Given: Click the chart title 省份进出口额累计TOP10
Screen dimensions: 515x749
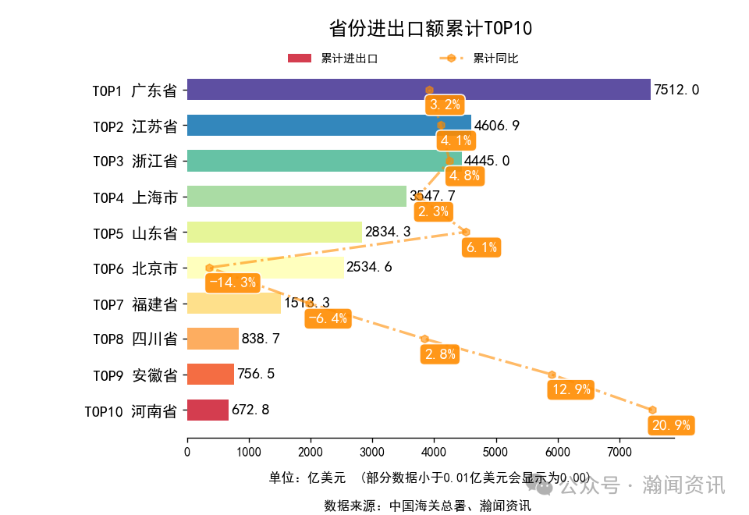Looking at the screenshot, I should click(430, 29).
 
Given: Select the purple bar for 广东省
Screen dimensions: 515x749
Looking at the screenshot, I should click(418, 90).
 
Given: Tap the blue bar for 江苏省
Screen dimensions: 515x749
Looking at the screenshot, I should click(328, 126).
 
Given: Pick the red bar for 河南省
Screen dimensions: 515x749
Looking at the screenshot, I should click(208, 410).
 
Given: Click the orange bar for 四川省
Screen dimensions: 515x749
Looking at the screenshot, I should click(212, 339).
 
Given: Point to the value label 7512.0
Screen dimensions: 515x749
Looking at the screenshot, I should click(676, 90).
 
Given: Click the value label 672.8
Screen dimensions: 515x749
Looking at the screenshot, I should click(250, 410).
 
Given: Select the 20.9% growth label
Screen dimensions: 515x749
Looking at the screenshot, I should click(670, 425).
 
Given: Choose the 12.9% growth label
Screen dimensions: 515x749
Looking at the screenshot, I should click(570, 389).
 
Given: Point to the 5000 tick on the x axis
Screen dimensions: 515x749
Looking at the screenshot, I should click(495, 451).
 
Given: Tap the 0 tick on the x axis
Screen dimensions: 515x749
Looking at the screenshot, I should click(187, 451).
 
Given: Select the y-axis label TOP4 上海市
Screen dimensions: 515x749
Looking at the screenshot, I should click(135, 197).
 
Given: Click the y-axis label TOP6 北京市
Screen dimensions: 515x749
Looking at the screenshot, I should click(135, 268).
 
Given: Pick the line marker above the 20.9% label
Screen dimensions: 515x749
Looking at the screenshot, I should click(652, 410).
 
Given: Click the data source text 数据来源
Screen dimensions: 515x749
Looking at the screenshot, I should click(428, 506).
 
